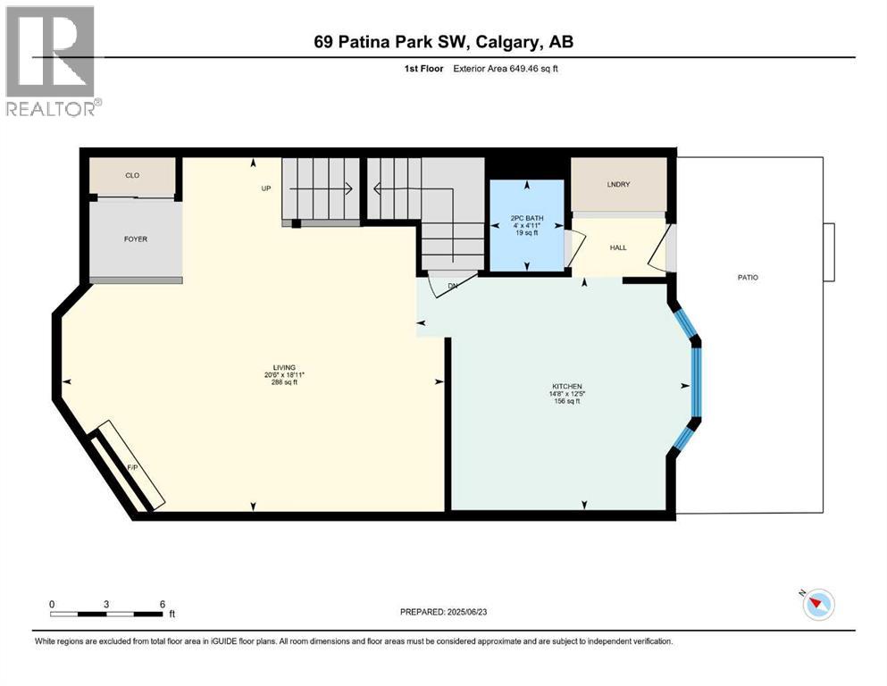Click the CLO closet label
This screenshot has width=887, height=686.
131,176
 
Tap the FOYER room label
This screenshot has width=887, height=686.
136,239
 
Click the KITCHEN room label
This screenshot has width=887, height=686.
566,387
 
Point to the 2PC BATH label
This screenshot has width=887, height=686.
526,217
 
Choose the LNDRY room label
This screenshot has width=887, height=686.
618,185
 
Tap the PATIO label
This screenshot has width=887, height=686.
748,278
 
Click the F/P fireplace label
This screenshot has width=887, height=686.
131,467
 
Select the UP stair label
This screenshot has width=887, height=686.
265,188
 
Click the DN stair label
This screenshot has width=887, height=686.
453,286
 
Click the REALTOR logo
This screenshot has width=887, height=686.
51,62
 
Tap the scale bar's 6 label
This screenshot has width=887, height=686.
162,604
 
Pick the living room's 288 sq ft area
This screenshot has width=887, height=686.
284,382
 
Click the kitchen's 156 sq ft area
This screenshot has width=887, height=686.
566,401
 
